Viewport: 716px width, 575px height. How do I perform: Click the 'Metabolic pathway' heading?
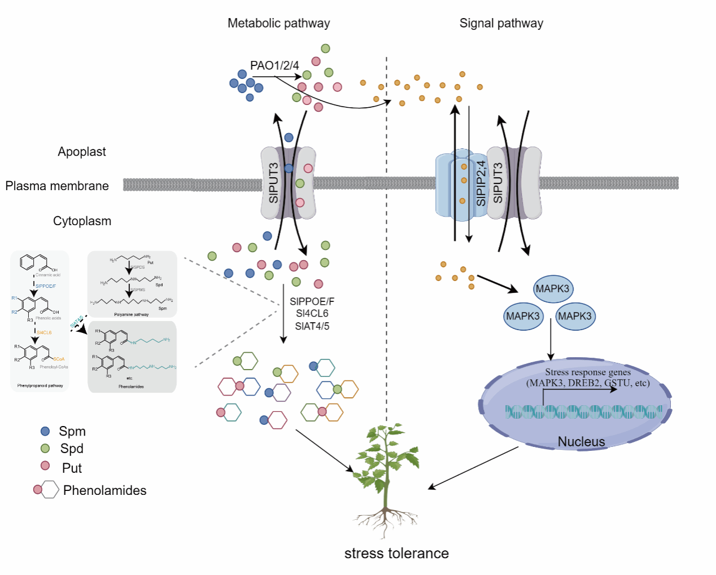pyautogui.click(x=278, y=23)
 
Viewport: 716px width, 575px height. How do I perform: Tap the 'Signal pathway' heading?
pyautogui.click(x=501, y=23)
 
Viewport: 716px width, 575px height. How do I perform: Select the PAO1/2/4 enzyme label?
pyautogui.click(x=274, y=65)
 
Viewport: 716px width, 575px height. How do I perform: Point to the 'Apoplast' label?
pyautogui.click(x=82, y=152)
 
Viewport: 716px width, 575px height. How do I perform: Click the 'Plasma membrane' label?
pyautogui.click(x=57, y=186)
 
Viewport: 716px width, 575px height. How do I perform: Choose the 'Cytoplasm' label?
pyautogui.click(x=82, y=221)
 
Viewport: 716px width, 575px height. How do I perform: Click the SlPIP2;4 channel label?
pyautogui.click(x=481, y=183)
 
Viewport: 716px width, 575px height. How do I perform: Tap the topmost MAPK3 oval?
pyautogui.click(x=552, y=289)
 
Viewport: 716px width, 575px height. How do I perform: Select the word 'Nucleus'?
pyautogui.click(x=581, y=442)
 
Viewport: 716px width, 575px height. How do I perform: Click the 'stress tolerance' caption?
pyautogui.click(x=396, y=554)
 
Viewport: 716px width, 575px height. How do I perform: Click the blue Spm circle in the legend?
pyautogui.click(x=46, y=431)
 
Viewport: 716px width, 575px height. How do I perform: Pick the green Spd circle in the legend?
pyautogui.click(x=46, y=449)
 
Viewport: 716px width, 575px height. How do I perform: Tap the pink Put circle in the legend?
pyautogui.click(x=46, y=466)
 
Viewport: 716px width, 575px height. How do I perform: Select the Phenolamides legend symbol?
pyautogui.click(x=46, y=489)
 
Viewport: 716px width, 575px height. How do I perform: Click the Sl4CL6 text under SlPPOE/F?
pyautogui.click(x=312, y=314)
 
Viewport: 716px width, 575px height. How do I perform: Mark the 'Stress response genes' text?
pyautogui.click(x=588, y=372)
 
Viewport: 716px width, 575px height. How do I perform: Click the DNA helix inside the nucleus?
pyautogui.click(x=583, y=412)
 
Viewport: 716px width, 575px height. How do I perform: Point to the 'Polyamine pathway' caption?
pyautogui.click(x=132, y=314)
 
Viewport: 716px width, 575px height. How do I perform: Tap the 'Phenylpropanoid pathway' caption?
pyautogui.click(x=40, y=386)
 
